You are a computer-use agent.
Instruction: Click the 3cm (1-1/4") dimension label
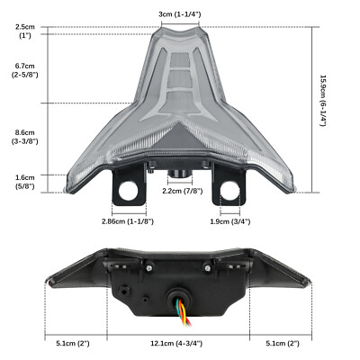pyautogui.click(x=178, y=15)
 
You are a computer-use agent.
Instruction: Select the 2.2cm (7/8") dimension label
pyautogui.click(x=180, y=191)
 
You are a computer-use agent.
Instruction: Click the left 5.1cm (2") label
pyautogui.click(x=72, y=343)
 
